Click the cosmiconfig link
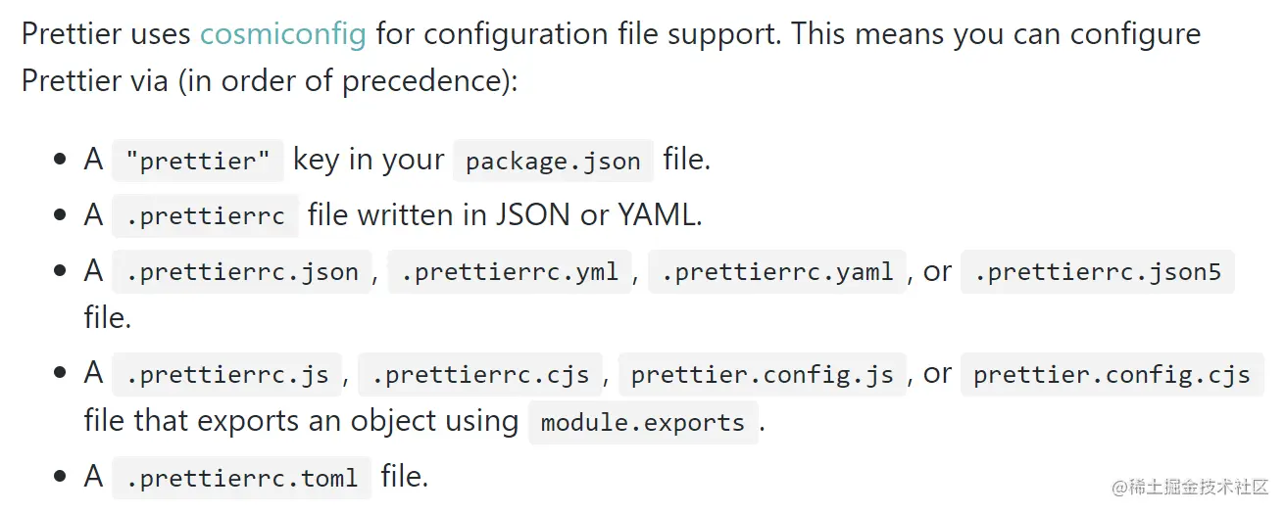click(283, 34)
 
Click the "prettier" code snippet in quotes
click(198, 161)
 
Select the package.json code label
click(553, 161)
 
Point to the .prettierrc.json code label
click(242, 271)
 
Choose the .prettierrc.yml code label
click(510, 271)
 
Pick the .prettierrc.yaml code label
click(777, 271)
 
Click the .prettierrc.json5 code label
click(1098, 271)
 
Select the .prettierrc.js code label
click(227, 374)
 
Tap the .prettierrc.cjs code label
click(480, 374)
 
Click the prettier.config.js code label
click(763, 374)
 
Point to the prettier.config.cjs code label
click(1112, 374)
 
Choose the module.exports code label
click(643, 423)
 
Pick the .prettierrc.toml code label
click(242, 479)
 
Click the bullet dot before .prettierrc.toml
click(61, 478)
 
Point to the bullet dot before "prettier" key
click(61, 161)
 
